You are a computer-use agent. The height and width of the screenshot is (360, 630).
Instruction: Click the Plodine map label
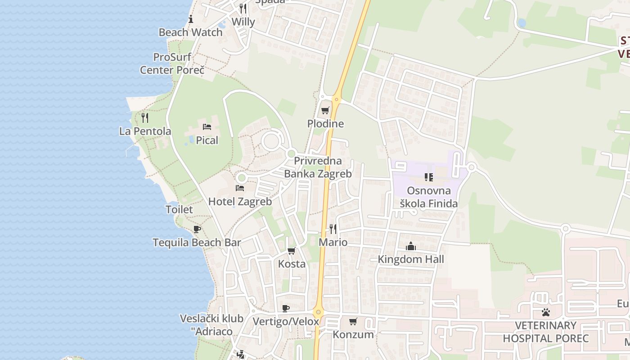point(325,124)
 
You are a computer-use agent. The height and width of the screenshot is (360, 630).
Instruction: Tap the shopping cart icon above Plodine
point(325,110)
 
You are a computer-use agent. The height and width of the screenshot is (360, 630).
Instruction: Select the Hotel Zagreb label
point(240,202)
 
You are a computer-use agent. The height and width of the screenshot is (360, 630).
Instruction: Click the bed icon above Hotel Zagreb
point(240,188)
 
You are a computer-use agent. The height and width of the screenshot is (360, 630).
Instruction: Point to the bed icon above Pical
point(207,127)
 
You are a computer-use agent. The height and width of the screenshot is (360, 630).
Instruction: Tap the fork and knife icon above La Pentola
point(145,118)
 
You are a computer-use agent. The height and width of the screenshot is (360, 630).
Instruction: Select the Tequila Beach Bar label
point(197,243)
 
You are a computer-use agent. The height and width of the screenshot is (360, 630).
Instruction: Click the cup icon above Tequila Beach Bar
point(197,229)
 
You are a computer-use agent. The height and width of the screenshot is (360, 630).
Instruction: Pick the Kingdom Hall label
point(410,259)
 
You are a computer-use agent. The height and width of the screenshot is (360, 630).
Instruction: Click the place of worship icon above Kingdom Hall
point(410,246)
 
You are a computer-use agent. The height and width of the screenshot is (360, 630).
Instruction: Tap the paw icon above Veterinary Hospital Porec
point(546,312)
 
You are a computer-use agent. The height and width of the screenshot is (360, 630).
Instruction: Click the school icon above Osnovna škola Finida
point(428,177)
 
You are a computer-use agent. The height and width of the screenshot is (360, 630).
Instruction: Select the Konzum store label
point(353,334)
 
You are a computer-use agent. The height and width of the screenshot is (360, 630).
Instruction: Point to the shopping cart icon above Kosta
point(292,251)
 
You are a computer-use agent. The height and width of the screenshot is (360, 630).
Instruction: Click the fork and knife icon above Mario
point(333,229)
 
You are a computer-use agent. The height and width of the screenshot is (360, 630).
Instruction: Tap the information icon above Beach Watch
point(191,19)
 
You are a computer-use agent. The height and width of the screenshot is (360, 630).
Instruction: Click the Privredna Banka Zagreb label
point(318,167)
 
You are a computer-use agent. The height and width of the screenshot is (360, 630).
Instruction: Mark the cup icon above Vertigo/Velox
point(285,308)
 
